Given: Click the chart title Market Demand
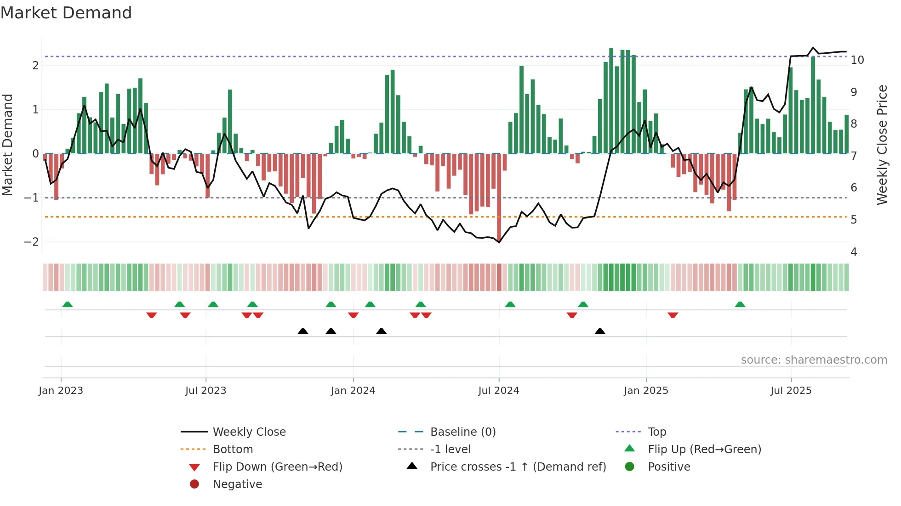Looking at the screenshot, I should [66, 13].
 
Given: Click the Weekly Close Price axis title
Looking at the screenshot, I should [882, 145].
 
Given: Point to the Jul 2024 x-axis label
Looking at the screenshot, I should [499, 391].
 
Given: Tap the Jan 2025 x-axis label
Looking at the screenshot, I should [646, 391].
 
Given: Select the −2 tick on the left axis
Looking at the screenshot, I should [31, 242].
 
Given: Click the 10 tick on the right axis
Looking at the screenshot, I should [857, 60].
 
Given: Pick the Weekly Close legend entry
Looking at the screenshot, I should [249, 432].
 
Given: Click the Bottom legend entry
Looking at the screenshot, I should [233, 450].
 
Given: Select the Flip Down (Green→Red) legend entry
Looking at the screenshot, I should [277, 467].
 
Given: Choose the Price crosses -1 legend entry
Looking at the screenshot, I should [518, 467].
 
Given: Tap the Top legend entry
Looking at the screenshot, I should [657, 432].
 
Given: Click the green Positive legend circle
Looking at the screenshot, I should [630, 467].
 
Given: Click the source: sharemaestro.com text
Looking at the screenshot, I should [814, 360].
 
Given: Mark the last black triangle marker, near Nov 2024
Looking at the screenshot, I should [600, 331].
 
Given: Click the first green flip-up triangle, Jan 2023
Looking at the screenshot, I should [68, 304].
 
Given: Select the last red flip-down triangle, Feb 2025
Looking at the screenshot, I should [673, 315].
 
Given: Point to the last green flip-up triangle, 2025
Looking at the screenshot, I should [740, 304].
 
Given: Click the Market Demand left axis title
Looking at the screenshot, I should [8, 145].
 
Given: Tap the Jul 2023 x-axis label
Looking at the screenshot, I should [205, 391].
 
